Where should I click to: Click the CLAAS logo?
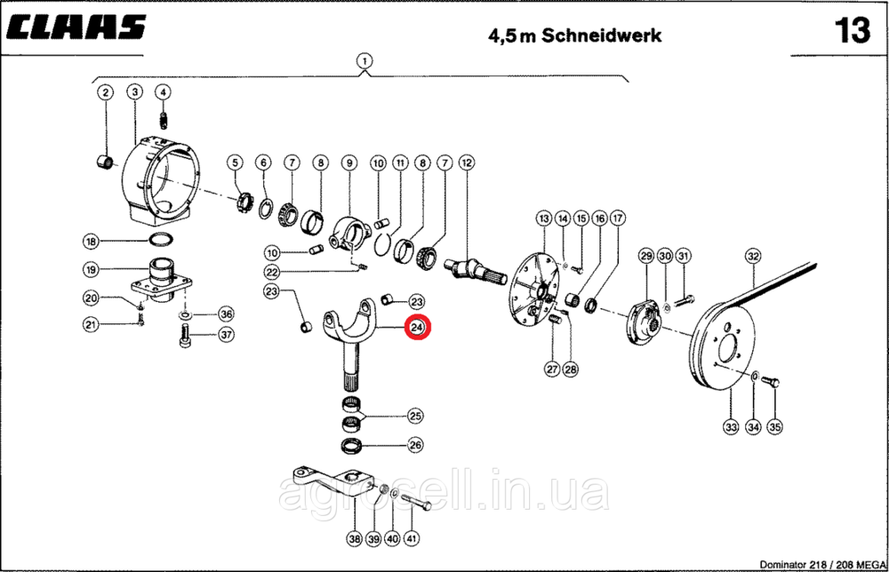click(77, 28)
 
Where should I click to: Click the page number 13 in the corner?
click(853, 30)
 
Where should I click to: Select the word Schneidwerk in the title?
click(602, 36)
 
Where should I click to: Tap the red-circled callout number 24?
click(417, 328)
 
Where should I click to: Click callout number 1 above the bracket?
click(364, 60)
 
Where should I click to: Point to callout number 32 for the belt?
click(753, 256)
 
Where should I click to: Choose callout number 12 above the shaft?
click(467, 163)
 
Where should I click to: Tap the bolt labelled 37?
click(185, 335)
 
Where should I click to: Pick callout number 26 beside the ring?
click(415, 445)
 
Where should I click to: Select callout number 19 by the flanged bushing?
click(91, 270)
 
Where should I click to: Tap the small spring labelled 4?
click(164, 121)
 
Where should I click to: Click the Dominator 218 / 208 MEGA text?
click(822, 565)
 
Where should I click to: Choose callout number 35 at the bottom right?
click(774, 426)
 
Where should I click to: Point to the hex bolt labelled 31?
click(685, 298)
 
